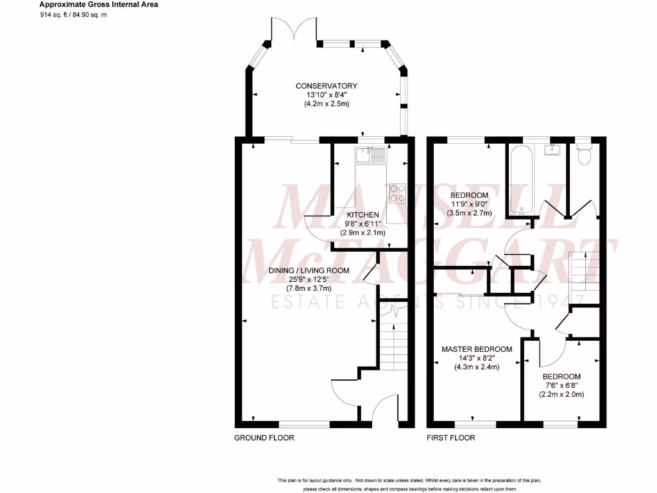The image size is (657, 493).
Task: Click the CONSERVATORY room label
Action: (326, 86)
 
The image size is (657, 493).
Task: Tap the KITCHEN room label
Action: (363, 214)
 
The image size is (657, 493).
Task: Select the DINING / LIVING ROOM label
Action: (309, 271)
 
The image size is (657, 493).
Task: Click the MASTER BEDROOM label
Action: (477, 349)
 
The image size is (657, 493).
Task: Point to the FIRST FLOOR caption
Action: (451, 438)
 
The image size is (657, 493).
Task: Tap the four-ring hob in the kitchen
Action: (398, 193)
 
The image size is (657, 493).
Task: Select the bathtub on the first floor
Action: (520, 180)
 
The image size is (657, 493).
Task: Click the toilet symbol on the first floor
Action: (584, 155)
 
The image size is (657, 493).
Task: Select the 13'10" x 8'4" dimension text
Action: (326, 95)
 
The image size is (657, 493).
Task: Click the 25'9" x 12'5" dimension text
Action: (309, 280)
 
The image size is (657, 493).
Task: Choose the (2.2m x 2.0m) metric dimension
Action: (561, 394)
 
